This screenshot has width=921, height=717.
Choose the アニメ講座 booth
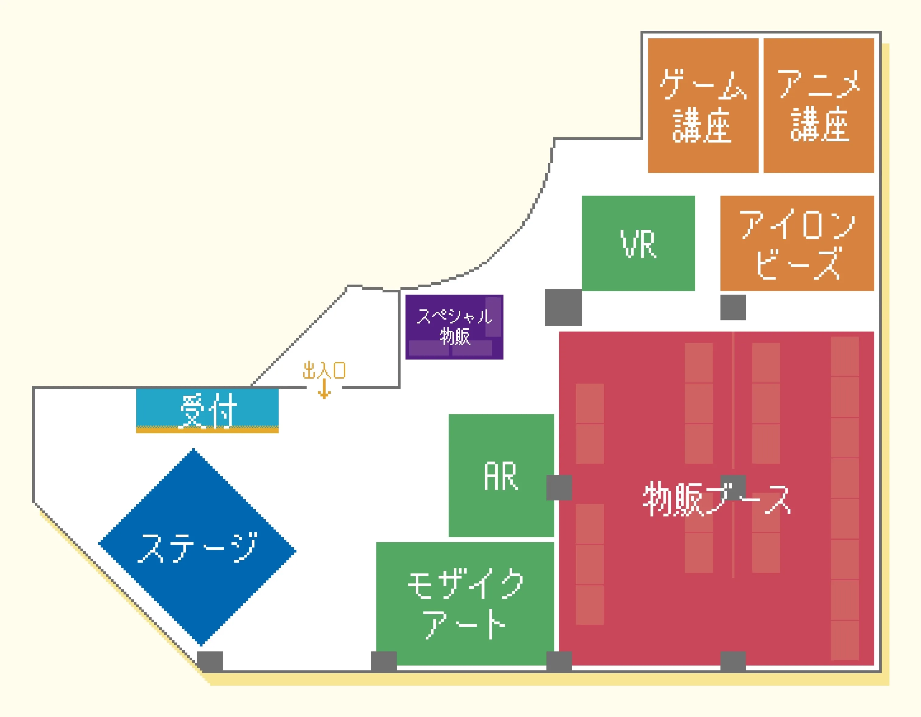tap(819, 105)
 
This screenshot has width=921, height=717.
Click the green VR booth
tap(638, 243)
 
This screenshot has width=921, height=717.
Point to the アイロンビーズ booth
tap(797, 243)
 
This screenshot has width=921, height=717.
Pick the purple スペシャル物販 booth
tap(454, 327)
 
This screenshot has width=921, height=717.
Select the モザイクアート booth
tap(465, 604)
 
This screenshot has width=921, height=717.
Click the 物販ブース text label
tap(716, 499)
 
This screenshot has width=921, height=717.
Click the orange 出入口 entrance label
tap(324, 370)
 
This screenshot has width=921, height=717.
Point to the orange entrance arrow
tap(324, 389)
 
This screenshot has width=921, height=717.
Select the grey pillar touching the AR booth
tap(559, 487)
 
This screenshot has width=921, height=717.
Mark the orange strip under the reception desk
tap(207, 430)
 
